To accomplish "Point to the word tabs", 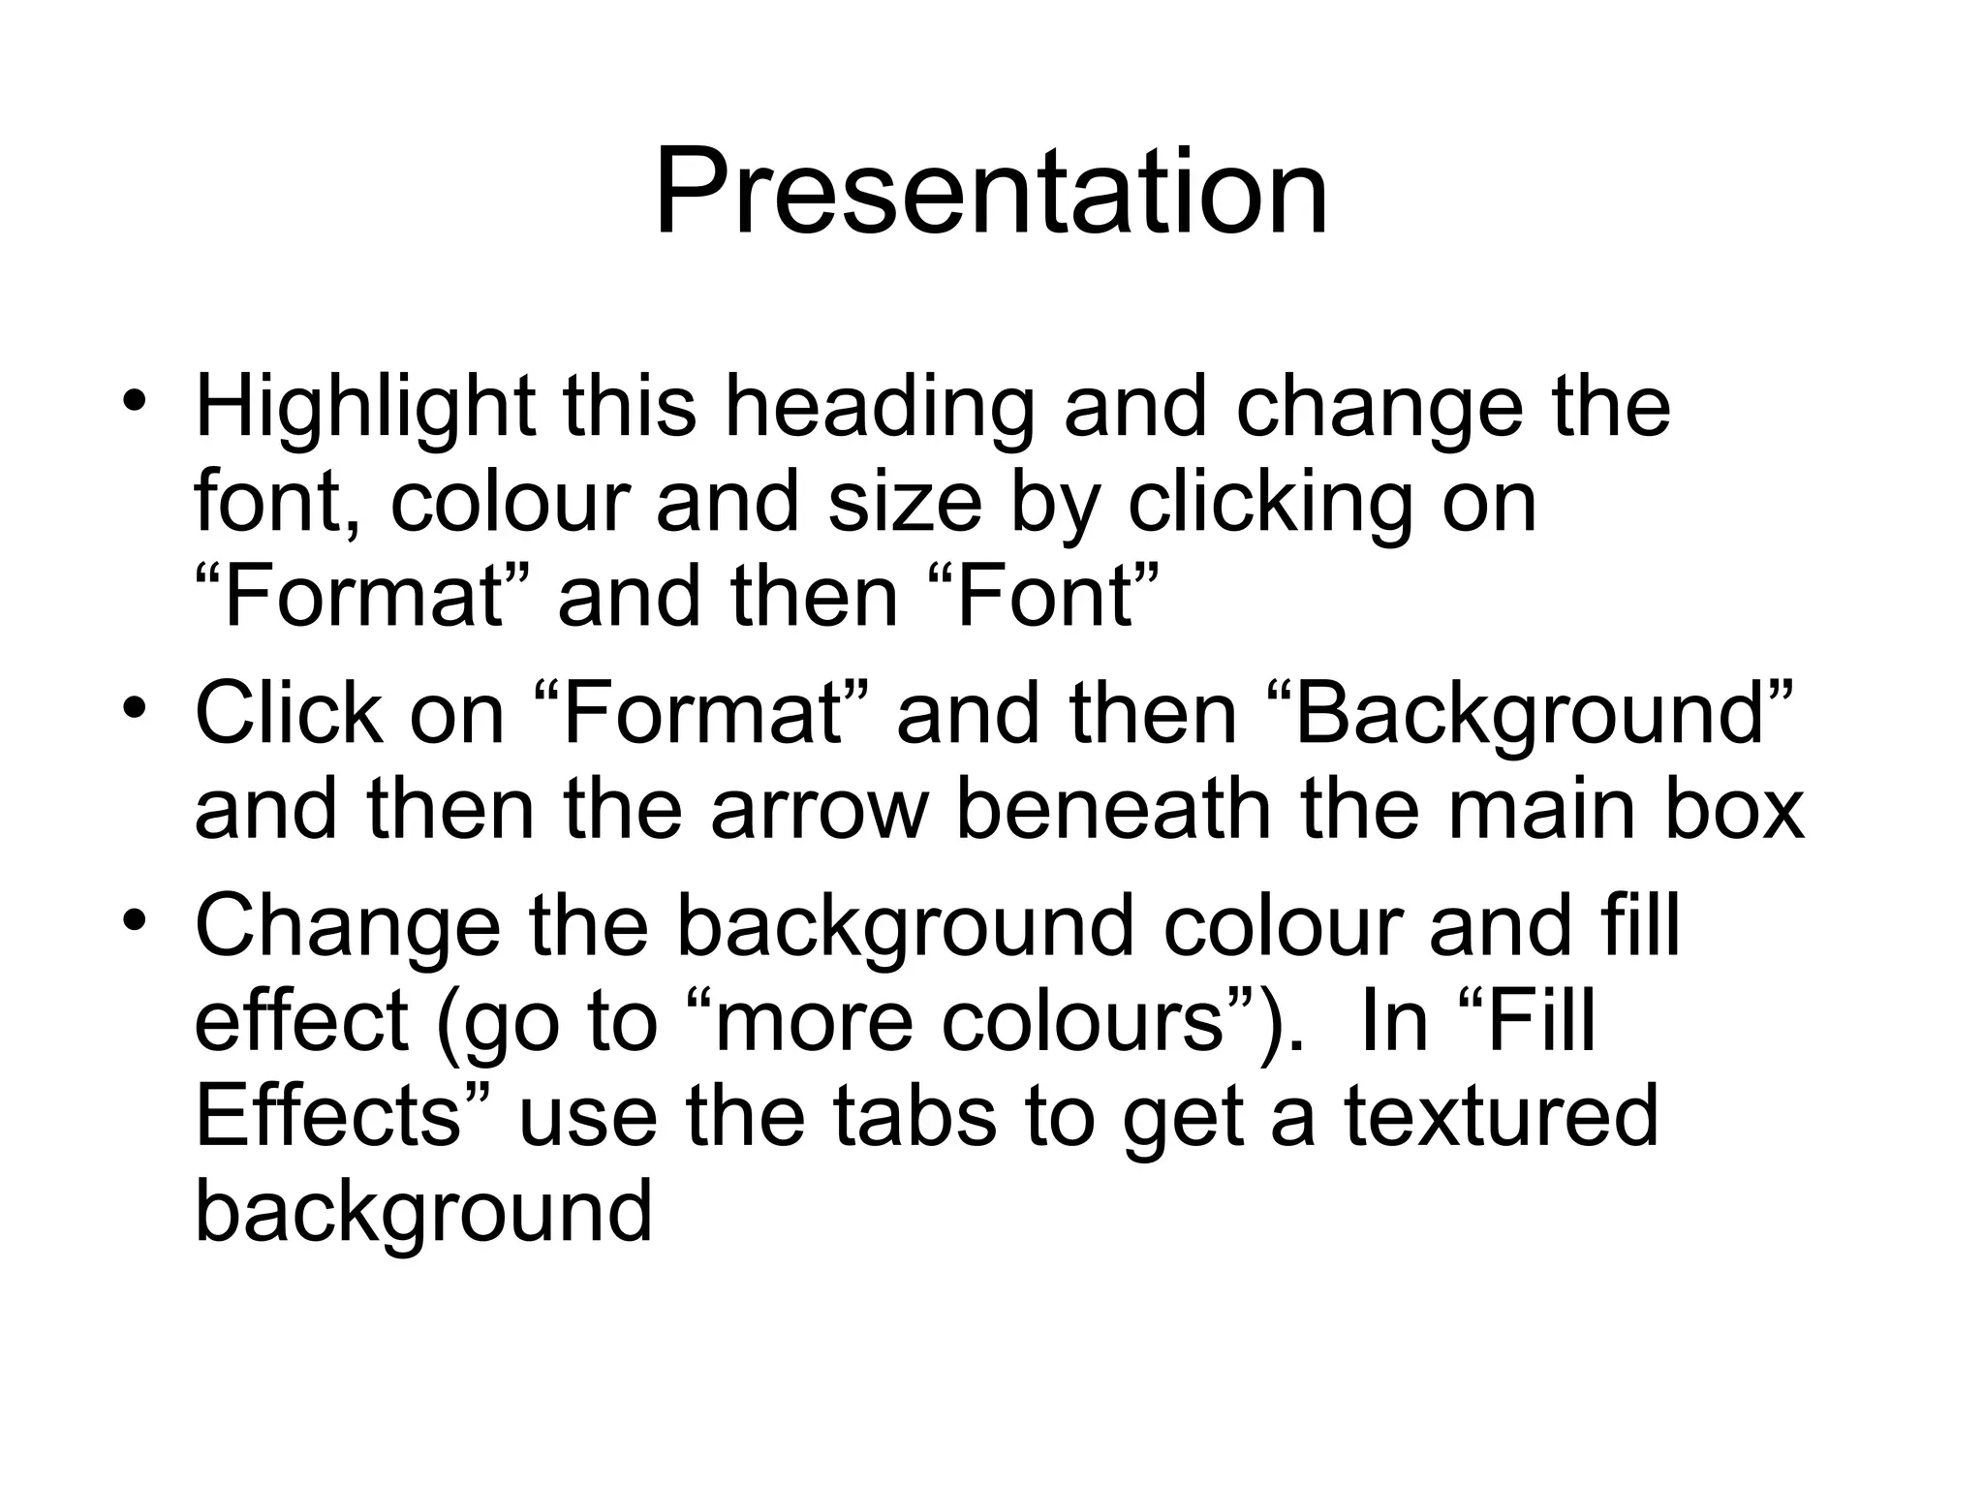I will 914,1116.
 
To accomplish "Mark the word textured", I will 1502,1116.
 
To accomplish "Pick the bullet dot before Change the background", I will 135,919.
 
